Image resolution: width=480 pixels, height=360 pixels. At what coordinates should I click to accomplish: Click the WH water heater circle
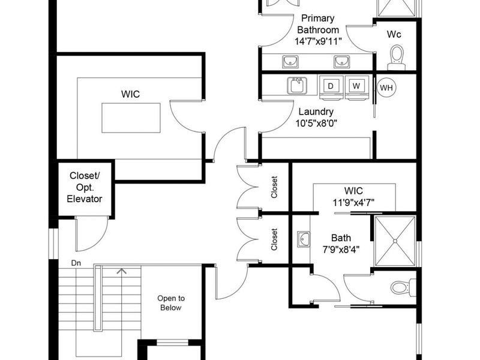(x=386, y=88)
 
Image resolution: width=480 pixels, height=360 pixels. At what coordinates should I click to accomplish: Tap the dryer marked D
(x=332, y=87)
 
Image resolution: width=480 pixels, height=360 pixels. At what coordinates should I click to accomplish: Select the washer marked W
(x=357, y=87)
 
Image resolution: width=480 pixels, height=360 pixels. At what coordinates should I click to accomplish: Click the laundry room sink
(x=297, y=85)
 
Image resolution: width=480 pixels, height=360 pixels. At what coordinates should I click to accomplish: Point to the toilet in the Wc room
(x=397, y=58)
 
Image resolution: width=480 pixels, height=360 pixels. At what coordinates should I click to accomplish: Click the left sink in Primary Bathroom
(x=290, y=62)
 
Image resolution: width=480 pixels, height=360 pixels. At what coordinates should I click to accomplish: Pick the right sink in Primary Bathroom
(x=341, y=62)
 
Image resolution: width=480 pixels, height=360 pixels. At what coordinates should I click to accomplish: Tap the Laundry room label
(x=316, y=112)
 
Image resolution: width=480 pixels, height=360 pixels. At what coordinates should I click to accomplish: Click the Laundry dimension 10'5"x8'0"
(x=316, y=124)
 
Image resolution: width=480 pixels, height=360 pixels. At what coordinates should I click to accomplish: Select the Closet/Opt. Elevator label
(x=85, y=187)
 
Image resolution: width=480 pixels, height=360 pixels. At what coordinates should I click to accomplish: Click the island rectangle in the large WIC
(x=131, y=118)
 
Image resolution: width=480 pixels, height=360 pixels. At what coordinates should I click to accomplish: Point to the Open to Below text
(x=171, y=303)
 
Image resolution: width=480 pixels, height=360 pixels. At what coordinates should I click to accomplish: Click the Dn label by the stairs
(x=76, y=263)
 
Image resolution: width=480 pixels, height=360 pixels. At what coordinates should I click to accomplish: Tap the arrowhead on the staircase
(x=122, y=271)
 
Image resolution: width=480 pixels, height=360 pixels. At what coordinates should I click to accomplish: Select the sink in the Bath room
(x=303, y=239)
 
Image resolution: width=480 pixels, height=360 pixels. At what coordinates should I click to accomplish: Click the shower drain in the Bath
(x=395, y=241)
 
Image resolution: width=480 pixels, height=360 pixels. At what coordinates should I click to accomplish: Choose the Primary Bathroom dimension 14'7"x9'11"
(x=318, y=41)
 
